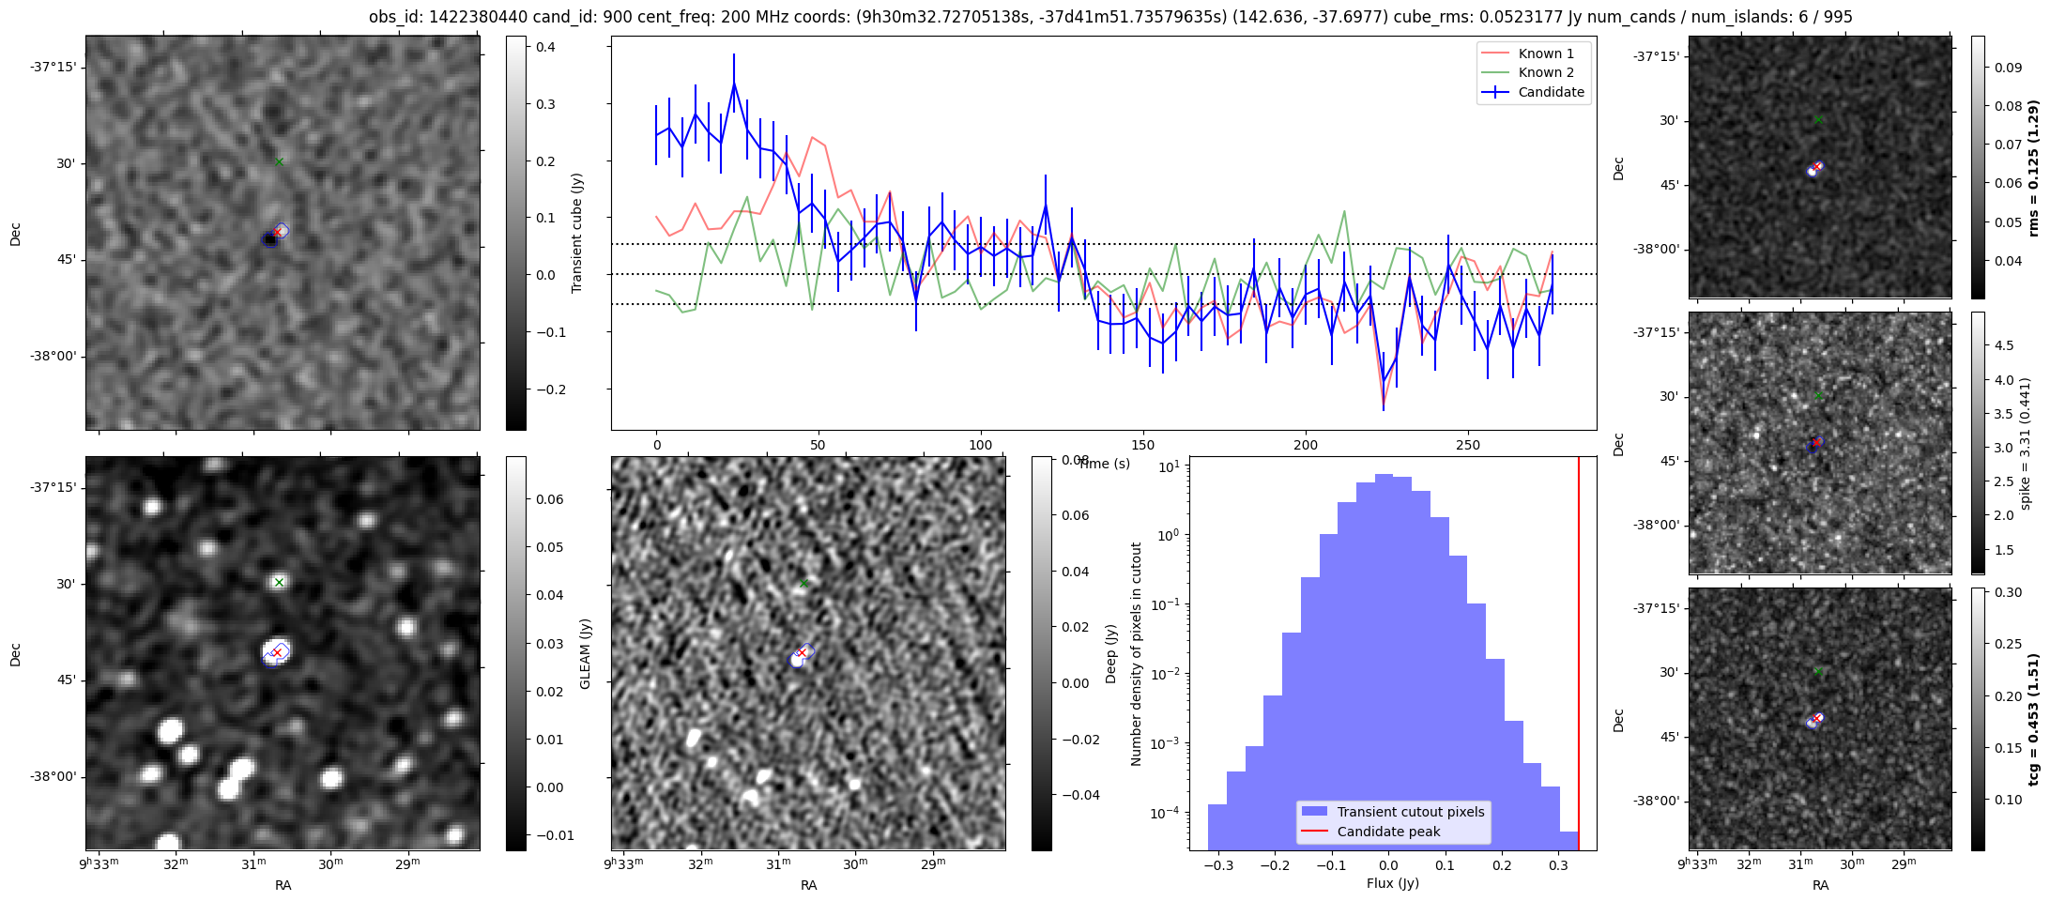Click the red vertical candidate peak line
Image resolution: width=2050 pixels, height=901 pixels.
point(1579,657)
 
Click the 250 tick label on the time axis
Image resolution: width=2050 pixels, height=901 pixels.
point(1467,445)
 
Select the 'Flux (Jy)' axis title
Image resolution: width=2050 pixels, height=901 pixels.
point(1393,883)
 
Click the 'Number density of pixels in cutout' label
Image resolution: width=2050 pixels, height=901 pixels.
point(1137,654)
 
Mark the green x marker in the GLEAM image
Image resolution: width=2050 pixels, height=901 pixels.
point(279,582)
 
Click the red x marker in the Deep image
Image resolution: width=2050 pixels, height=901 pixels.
point(802,651)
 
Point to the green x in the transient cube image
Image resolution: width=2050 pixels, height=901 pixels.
point(279,161)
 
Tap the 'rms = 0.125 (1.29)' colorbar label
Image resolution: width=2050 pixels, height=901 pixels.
point(2034,168)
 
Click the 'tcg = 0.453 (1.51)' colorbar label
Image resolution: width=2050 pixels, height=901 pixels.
point(2034,720)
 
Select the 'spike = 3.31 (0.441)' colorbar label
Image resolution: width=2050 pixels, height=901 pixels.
point(2025,444)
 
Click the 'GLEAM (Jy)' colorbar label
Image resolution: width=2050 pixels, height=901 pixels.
point(585,654)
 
